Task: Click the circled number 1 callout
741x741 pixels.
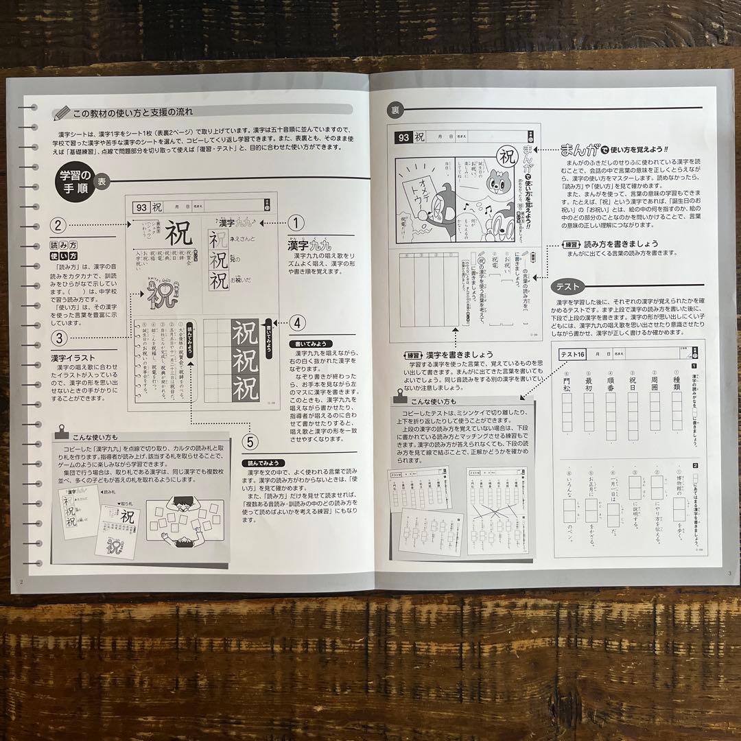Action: click(296, 223)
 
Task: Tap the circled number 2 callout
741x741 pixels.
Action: click(60, 224)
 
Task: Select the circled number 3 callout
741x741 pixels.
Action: click(60, 338)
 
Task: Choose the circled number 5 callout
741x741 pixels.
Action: click(250, 442)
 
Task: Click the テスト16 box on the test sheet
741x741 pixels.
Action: click(572, 354)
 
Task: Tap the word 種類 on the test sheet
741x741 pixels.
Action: click(677, 382)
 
